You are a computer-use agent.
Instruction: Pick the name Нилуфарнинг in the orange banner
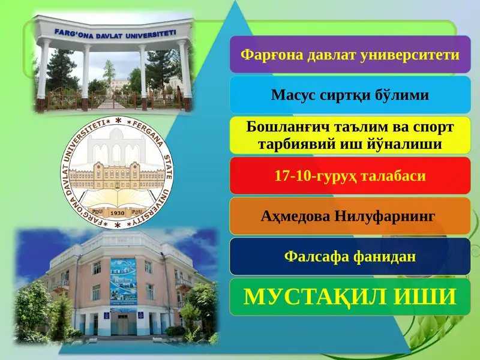[385, 216]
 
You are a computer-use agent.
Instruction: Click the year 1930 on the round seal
[118, 213]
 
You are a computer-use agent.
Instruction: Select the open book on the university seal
[118, 197]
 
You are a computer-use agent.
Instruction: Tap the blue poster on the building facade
[123, 281]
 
